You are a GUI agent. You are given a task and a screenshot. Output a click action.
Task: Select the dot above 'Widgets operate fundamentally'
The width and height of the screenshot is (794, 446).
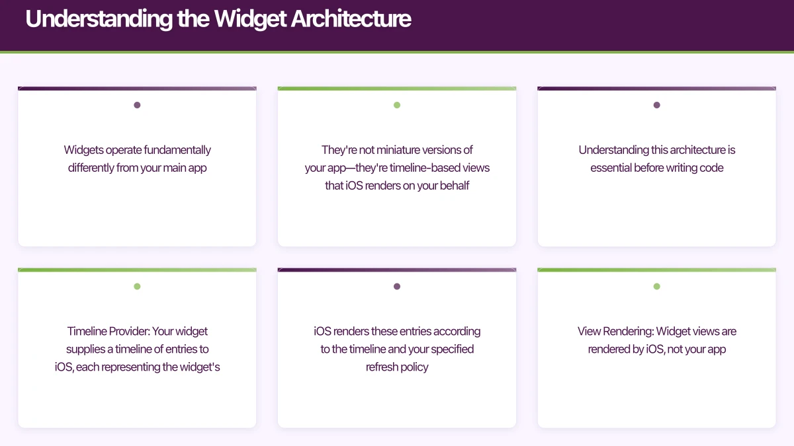[x=137, y=105]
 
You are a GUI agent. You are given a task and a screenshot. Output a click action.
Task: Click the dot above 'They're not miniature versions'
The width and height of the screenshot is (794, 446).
[x=397, y=105]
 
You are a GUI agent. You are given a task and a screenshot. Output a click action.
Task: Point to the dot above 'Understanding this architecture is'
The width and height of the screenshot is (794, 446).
[x=656, y=105]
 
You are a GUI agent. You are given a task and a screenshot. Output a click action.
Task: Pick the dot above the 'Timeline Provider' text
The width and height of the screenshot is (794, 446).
[x=137, y=287]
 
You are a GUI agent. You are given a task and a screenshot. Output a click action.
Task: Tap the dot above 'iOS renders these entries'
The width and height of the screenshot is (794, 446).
[x=397, y=287]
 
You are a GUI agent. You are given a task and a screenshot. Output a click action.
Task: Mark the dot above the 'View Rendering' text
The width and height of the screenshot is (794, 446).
[x=656, y=287]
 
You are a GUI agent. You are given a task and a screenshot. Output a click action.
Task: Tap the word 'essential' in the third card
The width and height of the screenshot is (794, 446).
[x=611, y=168]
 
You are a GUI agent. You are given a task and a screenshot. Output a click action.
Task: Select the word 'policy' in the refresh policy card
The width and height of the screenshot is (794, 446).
[x=412, y=367]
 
